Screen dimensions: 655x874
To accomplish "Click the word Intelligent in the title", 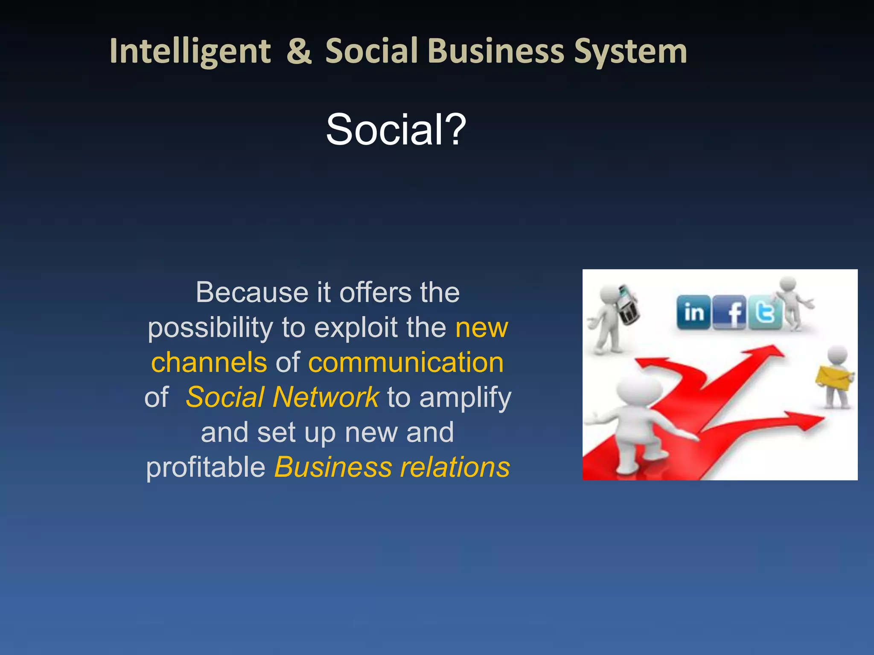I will [190, 52].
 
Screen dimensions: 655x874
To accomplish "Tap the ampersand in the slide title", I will [299, 52].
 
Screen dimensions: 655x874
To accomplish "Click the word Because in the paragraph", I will [252, 293].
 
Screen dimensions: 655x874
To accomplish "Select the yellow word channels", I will [209, 362].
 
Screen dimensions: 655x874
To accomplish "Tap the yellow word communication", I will [406, 362].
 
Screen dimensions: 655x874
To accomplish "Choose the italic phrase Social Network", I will [282, 397].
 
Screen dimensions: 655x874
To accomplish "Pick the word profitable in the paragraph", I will [206, 467].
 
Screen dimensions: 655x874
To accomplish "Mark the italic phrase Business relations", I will [392, 467].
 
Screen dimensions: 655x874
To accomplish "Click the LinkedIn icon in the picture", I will [693, 313].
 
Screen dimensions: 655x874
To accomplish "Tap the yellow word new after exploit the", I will [481, 327].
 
